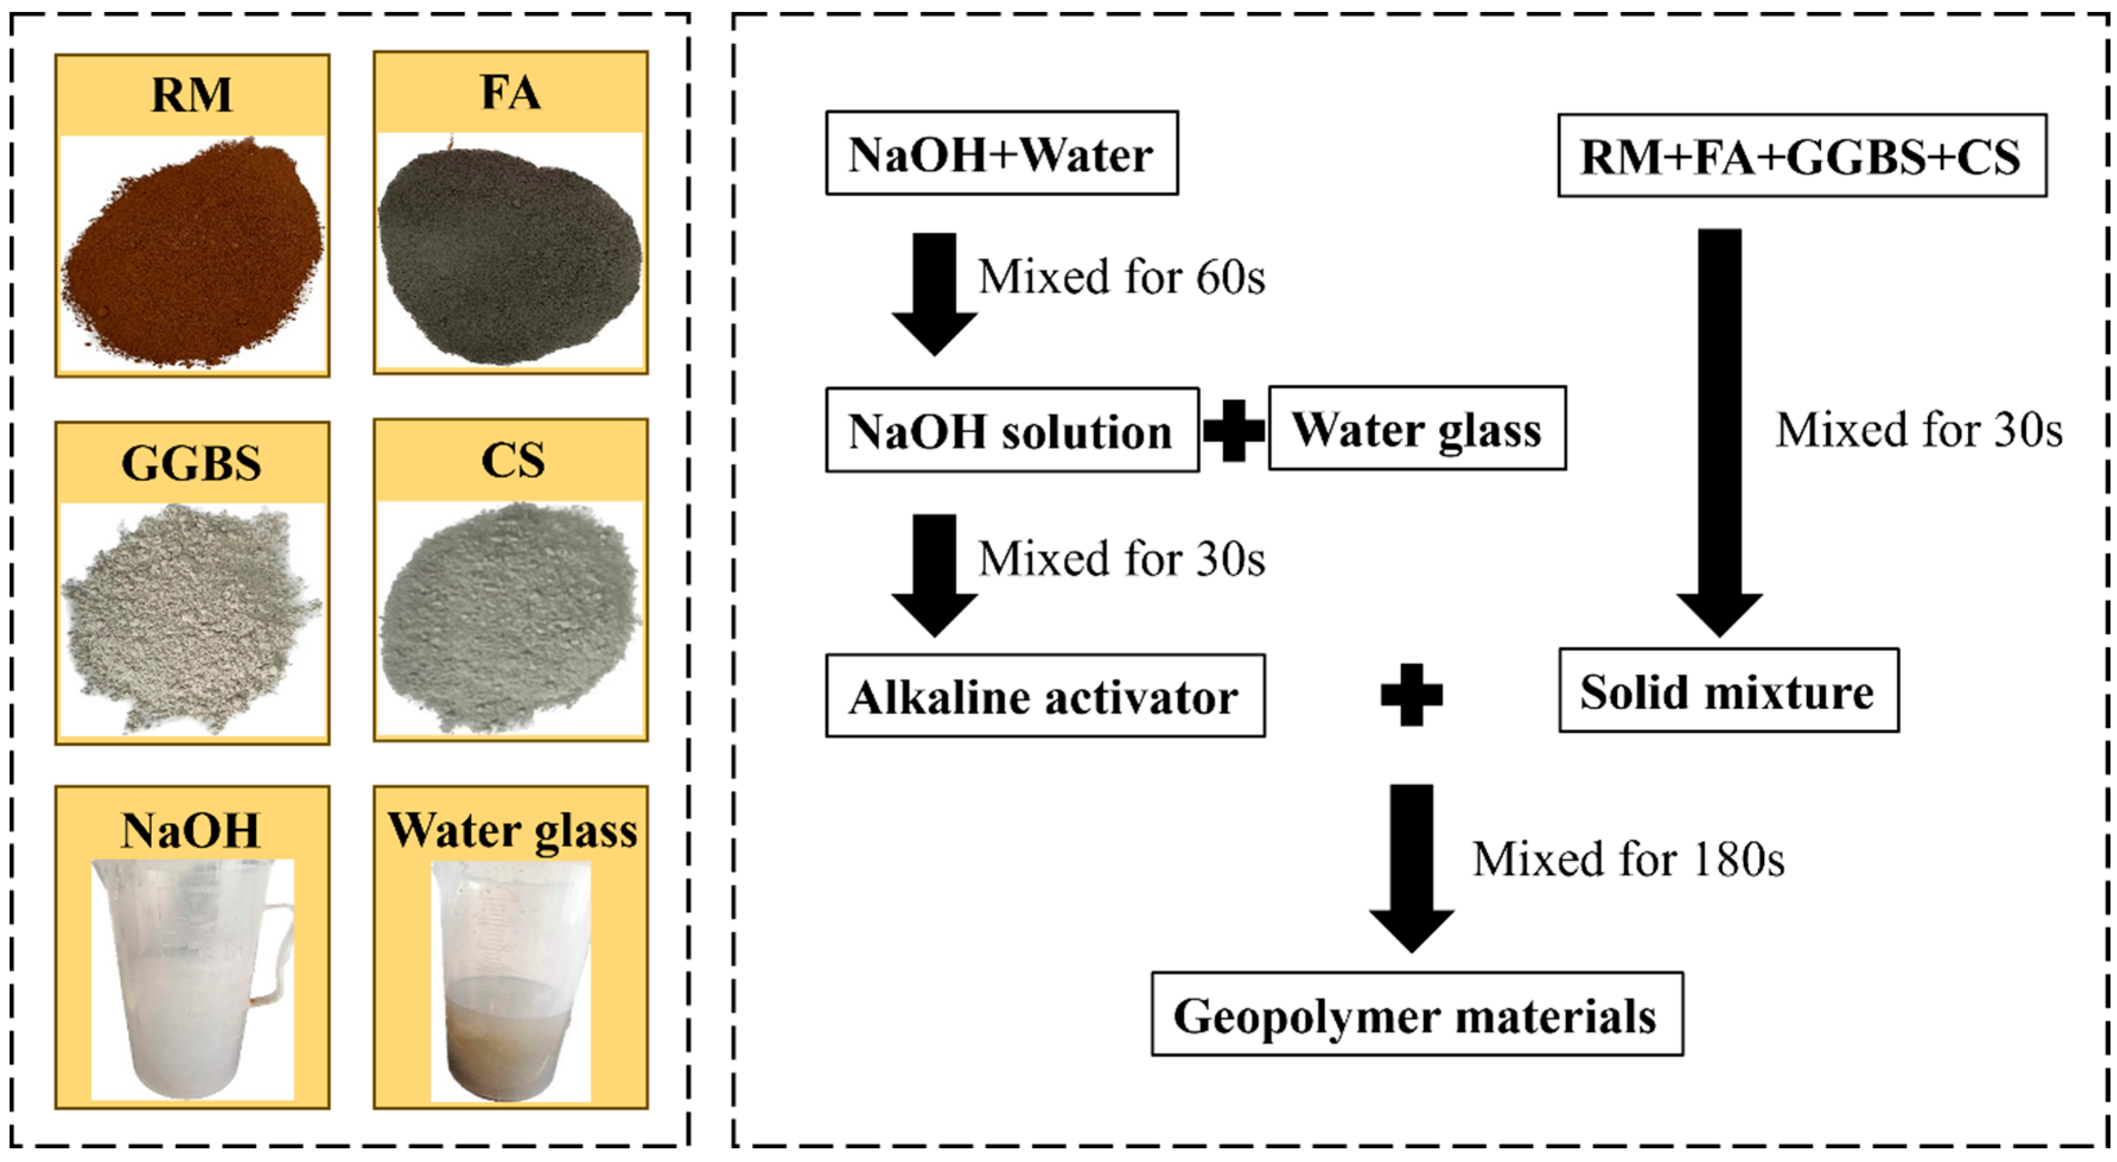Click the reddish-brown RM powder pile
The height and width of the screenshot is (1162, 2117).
(x=193, y=255)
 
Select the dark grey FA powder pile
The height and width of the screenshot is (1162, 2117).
(x=509, y=251)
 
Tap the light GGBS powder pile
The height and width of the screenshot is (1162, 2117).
(x=191, y=617)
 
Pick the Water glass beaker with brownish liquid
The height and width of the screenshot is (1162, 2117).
(x=511, y=982)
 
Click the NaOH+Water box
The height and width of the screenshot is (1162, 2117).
(x=1001, y=154)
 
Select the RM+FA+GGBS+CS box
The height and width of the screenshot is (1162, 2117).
(x=1802, y=155)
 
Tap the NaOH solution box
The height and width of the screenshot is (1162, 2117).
(x=1012, y=430)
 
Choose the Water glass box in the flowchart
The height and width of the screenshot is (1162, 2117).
(x=1417, y=428)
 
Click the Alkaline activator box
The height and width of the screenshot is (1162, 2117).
(x=1044, y=696)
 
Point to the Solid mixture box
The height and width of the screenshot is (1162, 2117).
(x=1728, y=690)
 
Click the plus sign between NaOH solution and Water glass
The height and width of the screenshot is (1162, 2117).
(x=1233, y=430)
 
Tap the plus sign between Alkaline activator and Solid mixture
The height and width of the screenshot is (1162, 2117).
(x=1411, y=694)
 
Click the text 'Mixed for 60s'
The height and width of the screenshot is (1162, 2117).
(x=1121, y=277)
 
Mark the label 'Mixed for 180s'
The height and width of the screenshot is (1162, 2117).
(x=1627, y=860)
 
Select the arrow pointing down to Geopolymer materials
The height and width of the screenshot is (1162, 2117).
(x=1411, y=867)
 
